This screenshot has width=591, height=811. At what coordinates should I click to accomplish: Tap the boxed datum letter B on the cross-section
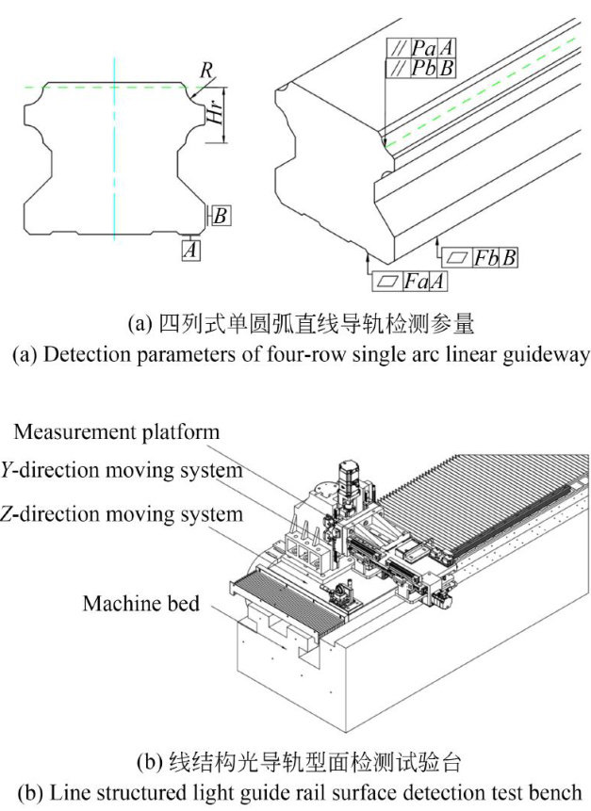(219, 216)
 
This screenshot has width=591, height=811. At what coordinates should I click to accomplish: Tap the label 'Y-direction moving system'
(122, 468)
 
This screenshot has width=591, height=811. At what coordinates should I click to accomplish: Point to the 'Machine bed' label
(140, 603)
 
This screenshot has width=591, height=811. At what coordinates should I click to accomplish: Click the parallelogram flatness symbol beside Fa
(386, 280)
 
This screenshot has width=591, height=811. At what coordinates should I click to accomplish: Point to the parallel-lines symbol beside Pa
(395, 48)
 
